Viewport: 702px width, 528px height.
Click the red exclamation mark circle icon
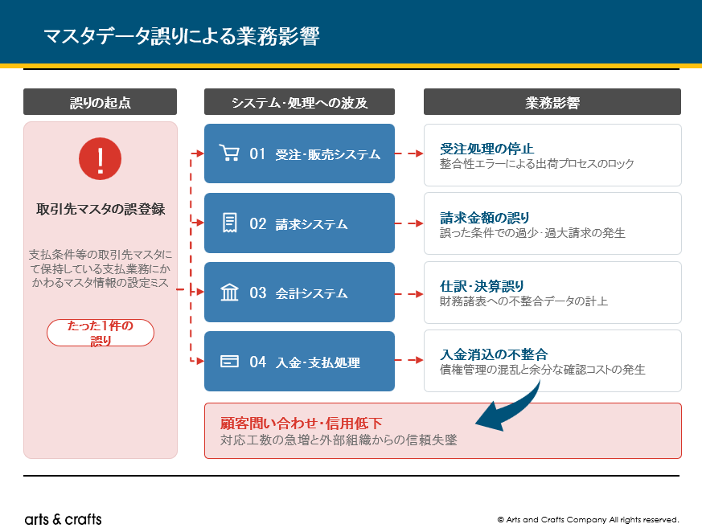point(100,158)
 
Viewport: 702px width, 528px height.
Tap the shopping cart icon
point(229,153)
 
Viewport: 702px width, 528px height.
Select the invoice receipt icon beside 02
point(230,223)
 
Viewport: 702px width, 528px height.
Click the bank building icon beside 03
point(230,293)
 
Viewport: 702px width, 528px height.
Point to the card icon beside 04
point(229,361)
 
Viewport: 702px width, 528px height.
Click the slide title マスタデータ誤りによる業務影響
point(182,36)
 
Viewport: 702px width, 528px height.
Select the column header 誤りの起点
point(101,102)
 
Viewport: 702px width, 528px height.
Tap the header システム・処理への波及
point(299,102)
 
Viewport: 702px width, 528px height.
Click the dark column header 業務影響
point(552,102)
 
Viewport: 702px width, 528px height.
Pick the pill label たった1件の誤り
point(101,333)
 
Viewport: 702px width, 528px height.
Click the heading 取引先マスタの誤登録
point(101,209)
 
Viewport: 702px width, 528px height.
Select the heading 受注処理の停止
point(486,149)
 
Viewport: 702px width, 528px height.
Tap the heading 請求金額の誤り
point(484,218)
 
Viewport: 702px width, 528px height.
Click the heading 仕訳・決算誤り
point(482,286)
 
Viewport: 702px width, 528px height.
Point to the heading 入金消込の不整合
point(494,354)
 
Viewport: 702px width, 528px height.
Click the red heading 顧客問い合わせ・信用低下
point(301,423)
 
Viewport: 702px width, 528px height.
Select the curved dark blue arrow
point(515,409)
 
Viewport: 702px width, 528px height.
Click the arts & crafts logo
point(64,519)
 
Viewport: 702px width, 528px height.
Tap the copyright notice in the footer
point(588,519)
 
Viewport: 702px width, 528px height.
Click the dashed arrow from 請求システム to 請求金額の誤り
point(409,223)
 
